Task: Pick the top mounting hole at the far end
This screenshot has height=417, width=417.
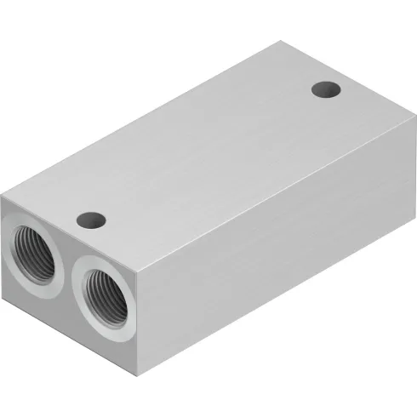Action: (323, 89)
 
